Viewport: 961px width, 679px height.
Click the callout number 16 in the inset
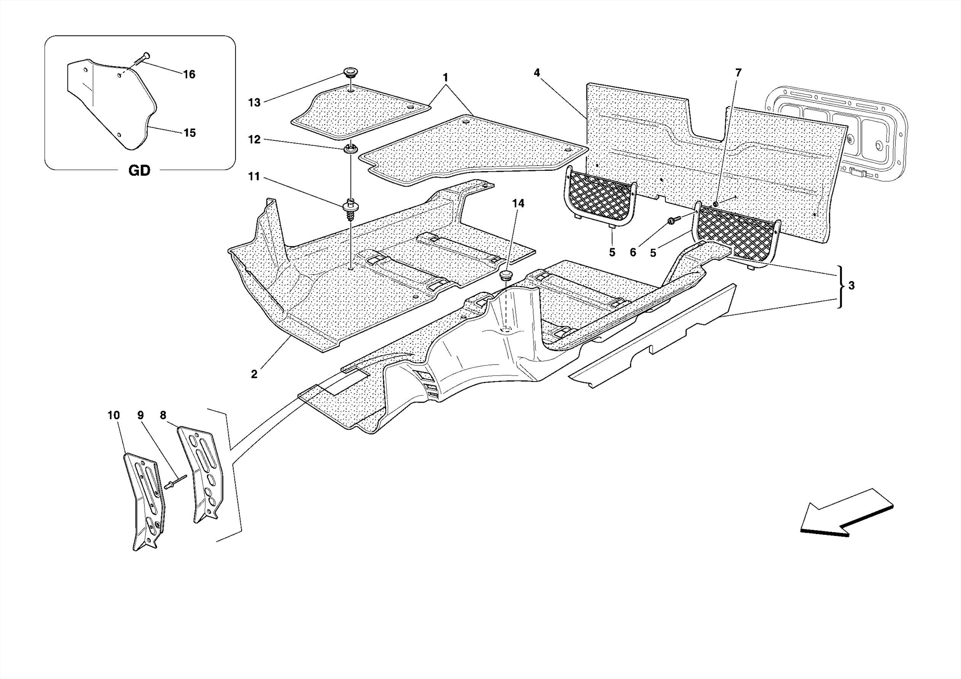pos(189,75)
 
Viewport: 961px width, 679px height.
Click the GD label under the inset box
pos(139,171)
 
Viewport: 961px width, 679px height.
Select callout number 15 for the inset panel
pos(190,133)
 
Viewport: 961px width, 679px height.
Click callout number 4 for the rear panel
pos(537,73)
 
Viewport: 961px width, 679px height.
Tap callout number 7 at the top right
pos(738,73)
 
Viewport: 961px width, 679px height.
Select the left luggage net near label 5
pos(601,197)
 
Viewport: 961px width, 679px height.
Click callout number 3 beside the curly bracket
pos(851,285)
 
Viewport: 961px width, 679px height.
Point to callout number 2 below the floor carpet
pos(254,374)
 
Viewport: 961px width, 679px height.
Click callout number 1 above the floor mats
pos(445,77)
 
